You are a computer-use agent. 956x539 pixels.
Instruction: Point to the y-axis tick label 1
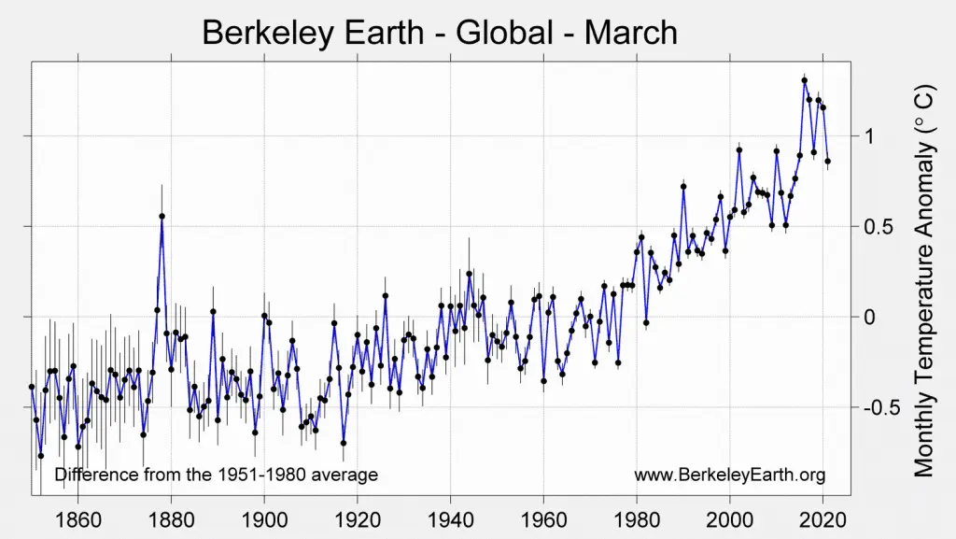(869, 136)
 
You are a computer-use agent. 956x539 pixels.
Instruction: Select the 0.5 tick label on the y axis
(879, 227)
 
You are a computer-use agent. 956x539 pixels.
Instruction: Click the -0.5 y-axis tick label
(882, 408)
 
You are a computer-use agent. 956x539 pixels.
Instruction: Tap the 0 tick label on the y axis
(869, 318)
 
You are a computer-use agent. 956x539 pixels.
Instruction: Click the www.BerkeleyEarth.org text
(729, 475)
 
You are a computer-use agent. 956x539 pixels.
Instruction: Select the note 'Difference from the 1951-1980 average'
(216, 475)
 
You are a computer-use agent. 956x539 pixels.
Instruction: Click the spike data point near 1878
(162, 216)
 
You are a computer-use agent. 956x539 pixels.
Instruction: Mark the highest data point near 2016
(804, 80)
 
